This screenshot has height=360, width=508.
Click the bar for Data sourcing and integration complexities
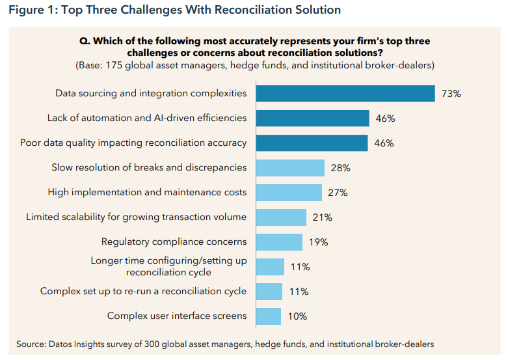tap(345, 93)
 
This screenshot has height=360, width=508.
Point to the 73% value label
tap(451, 94)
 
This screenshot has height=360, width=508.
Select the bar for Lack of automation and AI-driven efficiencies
tap(312, 118)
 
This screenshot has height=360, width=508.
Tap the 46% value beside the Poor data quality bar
tap(384, 143)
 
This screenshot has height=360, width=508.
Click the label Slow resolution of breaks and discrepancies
tap(149, 167)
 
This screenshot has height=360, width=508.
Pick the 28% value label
tap(340, 168)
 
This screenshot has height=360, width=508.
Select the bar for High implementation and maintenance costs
tap(289, 192)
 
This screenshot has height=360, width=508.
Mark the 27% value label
tap(338, 193)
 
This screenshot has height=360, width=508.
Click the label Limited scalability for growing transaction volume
tap(136, 217)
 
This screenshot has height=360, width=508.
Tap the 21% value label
tap(322, 217)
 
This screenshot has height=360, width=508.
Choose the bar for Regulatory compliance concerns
tap(279, 242)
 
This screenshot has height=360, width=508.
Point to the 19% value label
tap(318, 242)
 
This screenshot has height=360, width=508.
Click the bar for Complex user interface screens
tap(268, 316)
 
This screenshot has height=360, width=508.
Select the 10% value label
tap(297, 316)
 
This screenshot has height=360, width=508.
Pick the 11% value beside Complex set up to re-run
tap(299, 292)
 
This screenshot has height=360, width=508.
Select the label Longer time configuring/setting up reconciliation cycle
tap(168, 266)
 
